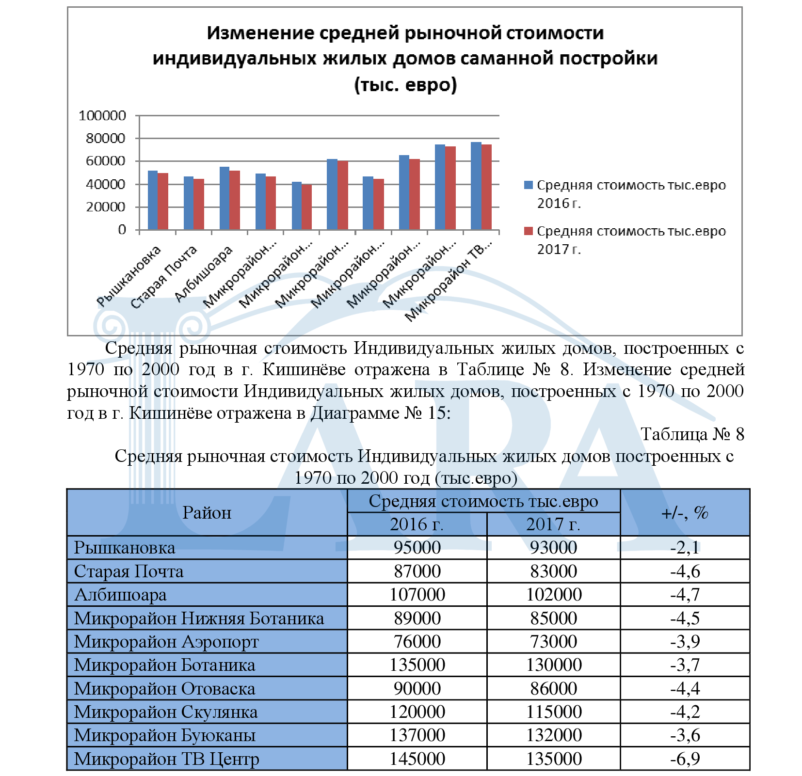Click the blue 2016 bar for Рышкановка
tap(153, 200)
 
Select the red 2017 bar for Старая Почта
tap(199, 204)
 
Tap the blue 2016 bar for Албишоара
tap(225, 198)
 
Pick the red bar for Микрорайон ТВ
tap(486, 187)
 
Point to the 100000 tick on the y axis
tap(102, 116)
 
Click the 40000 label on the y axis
tap(106, 184)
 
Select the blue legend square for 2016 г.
tap(529, 185)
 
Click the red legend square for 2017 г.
tap(529, 231)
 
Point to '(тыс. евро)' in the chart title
tap(405, 85)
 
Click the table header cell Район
tap(207, 512)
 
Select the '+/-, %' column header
tap(685, 512)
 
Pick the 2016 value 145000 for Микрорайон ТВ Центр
tap(417, 759)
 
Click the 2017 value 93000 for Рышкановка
tap(553, 548)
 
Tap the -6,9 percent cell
tap(685, 759)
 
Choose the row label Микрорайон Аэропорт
tap(166, 641)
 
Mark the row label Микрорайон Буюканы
tap(165, 735)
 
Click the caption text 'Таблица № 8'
tap(692, 434)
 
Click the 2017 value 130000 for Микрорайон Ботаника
tap(553, 665)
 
